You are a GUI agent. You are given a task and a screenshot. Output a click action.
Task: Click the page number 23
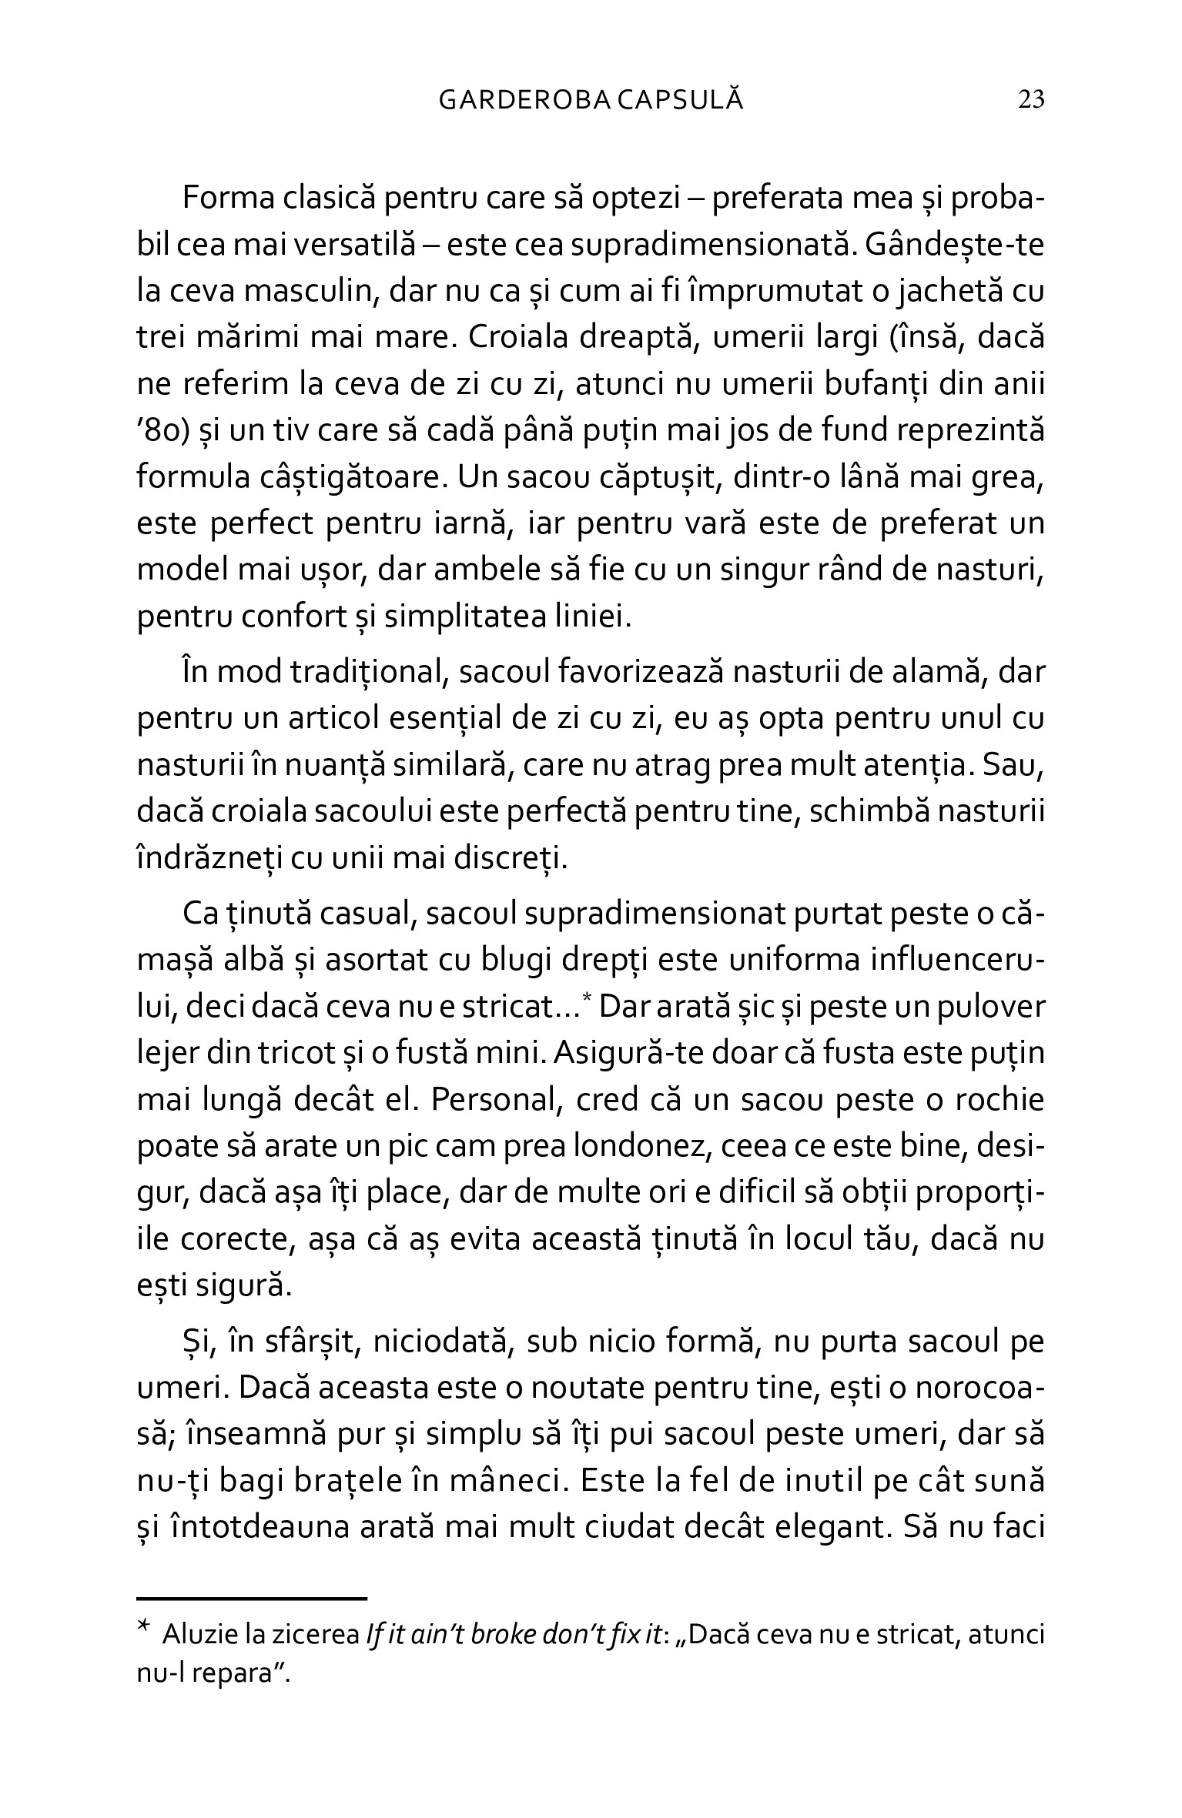pyautogui.click(x=1031, y=100)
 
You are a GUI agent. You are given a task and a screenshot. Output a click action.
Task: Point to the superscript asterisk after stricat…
pyautogui.click(x=586, y=998)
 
